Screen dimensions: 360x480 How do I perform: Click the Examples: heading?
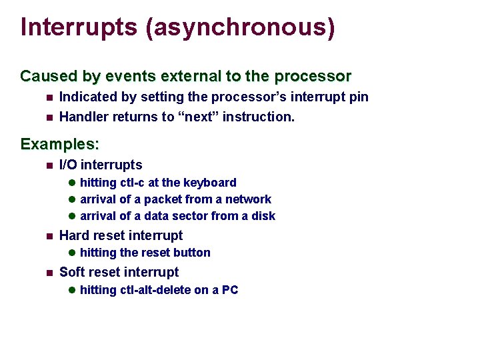coord(60,144)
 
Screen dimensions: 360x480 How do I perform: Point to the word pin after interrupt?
coord(359,97)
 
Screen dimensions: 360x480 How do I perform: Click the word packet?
coord(163,199)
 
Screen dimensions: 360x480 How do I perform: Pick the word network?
coord(248,199)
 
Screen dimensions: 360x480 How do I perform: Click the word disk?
coord(263,216)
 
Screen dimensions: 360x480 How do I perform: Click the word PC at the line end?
coord(230,290)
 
